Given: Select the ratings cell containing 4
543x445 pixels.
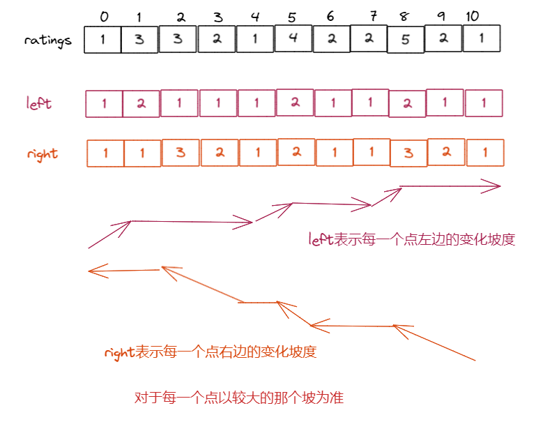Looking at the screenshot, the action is [x=293, y=38].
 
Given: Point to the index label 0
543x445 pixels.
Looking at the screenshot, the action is [x=105, y=16].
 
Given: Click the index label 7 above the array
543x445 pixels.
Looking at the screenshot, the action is [x=374, y=16].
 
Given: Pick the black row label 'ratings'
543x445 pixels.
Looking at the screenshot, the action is [x=48, y=40].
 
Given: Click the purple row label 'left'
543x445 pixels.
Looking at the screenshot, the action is [x=39, y=104].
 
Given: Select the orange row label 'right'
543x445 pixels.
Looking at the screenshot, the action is [x=43, y=153].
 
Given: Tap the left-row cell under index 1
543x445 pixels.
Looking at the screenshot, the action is [x=142, y=104].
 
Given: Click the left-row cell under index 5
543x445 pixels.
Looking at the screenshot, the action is [x=296, y=103].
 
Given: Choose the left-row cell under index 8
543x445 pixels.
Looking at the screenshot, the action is [x=408, y=104].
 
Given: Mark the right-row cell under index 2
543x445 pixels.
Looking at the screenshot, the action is [x=181, y=153].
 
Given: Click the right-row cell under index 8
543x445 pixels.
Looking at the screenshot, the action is [x=408, y=153].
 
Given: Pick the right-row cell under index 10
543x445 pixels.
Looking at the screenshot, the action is [x=484, y=153].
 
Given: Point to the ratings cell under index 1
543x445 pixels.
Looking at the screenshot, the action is [x=139, y=40].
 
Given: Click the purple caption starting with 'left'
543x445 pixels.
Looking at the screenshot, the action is [x=411, y=239].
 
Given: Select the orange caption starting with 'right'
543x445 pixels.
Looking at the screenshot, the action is [x=211, y=352].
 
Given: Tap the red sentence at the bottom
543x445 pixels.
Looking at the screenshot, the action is [x=239, y=398].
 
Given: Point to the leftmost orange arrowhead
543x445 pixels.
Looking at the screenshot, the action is [x=92, y=271].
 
